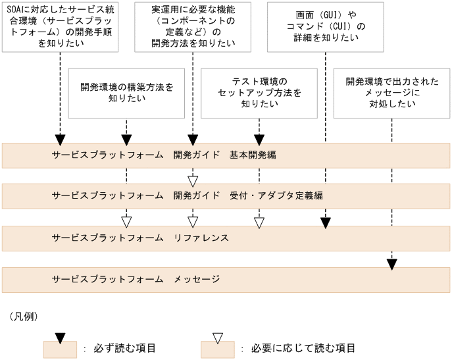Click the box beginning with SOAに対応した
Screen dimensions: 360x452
[x=60, y=26]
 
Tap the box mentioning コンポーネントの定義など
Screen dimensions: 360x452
[x=193, y=26]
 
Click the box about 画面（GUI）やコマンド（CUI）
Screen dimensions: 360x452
[x=326, y=26]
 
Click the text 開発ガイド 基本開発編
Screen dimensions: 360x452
[x=224, y=155]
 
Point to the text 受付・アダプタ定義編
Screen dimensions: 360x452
[x=276, y=195]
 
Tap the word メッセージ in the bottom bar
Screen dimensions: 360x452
[x=197, y=279]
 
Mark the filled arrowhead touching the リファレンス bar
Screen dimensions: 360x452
[x=326, y=222]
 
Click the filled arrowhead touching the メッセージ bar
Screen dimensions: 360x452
[x=392, y=264]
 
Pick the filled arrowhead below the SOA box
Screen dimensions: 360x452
[x=60, y=140]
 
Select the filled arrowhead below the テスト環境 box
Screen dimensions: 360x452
[x=259, y=140]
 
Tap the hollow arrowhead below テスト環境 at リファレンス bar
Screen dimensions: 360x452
[x=259, y=222]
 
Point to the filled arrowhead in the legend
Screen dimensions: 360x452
[x=60, y=338]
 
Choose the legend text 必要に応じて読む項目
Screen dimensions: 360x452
[x=303, y=348]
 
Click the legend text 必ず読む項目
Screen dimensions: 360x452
[x=124, y=348]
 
